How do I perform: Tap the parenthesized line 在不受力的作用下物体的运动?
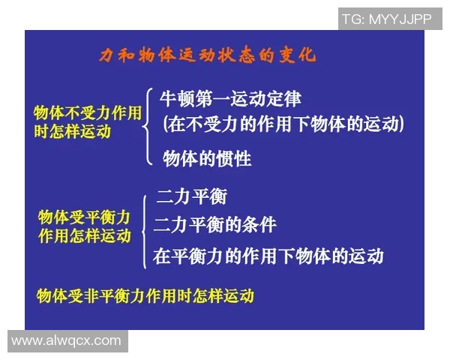pos(283,124)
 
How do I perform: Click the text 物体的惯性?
pos(207,159)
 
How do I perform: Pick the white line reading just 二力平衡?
pos(191,197)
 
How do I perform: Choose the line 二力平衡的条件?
pos(215,224)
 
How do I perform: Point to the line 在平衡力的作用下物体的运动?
pos(268,256)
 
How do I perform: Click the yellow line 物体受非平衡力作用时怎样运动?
pos(145,295)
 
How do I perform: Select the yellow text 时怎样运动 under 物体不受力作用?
pos(72,131)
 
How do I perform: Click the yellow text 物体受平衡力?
pos(84,217)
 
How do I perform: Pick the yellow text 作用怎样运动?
pos(84,235)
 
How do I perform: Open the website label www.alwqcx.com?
pos(66,340)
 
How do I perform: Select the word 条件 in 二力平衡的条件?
pos(259,224)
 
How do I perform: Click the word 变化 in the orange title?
pos(298,55)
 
